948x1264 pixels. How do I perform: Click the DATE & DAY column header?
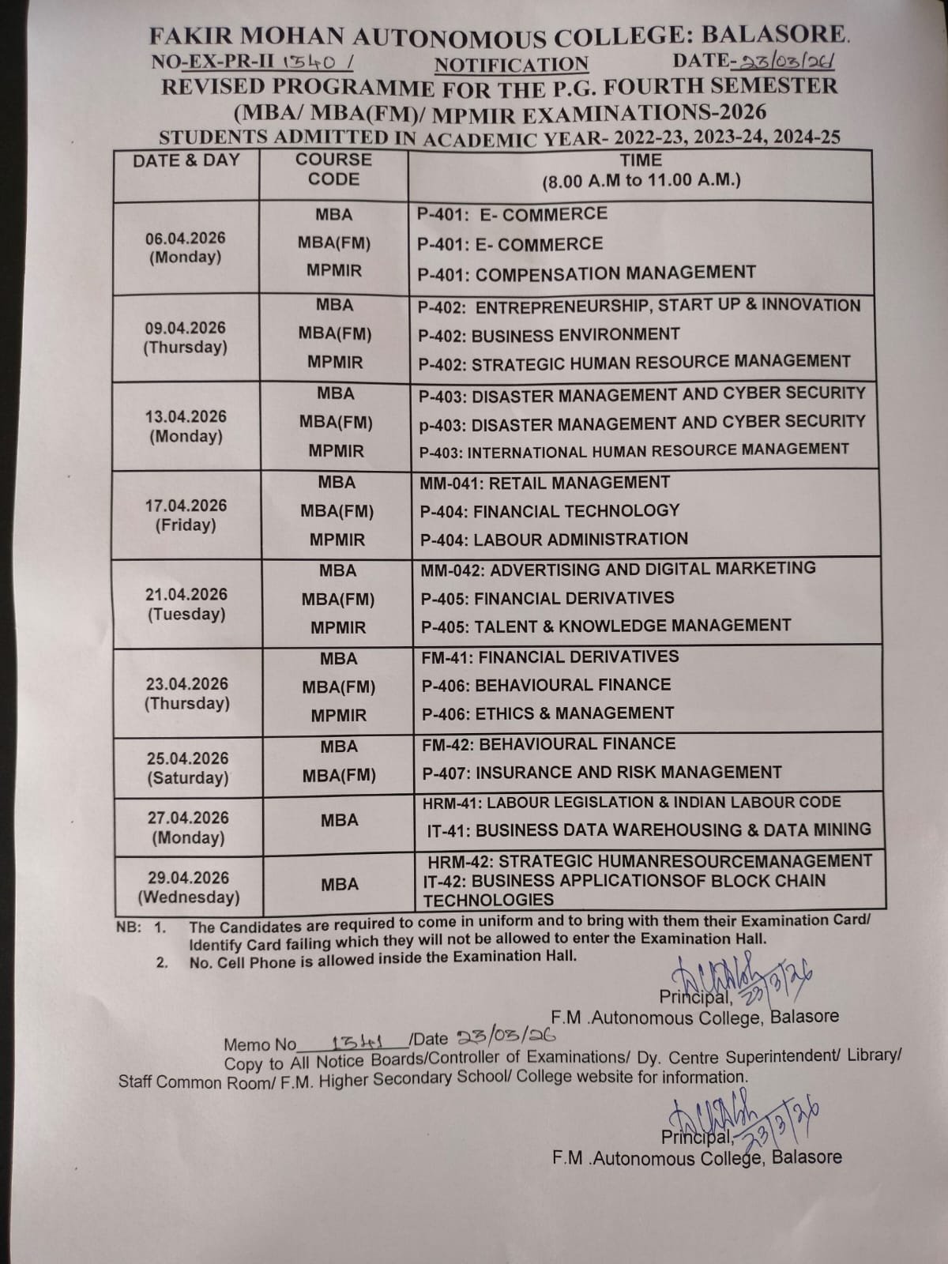(186, 160)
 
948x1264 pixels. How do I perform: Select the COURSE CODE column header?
(333, 169)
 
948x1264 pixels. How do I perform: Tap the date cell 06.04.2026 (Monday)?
(186, 247)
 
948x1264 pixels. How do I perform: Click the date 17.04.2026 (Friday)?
(186, 515)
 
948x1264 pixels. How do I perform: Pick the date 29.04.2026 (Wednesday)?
(189, 887)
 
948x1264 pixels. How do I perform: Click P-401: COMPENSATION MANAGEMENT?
(586, 273)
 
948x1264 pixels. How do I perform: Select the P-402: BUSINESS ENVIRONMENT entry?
(548, 335)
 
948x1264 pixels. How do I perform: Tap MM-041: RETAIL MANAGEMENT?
(544, 483)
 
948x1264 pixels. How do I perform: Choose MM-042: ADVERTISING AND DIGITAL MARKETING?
(618, 569)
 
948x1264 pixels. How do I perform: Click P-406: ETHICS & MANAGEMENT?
(547, 713)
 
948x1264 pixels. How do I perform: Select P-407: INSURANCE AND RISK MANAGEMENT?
(601, 773)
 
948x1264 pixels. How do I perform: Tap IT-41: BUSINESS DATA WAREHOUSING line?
(648, 829)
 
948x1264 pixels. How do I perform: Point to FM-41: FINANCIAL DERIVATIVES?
(550, 656)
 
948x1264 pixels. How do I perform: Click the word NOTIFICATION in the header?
(511, 65)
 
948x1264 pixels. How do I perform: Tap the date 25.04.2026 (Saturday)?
(188, 768)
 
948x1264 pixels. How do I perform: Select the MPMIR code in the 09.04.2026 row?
(336, 363)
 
